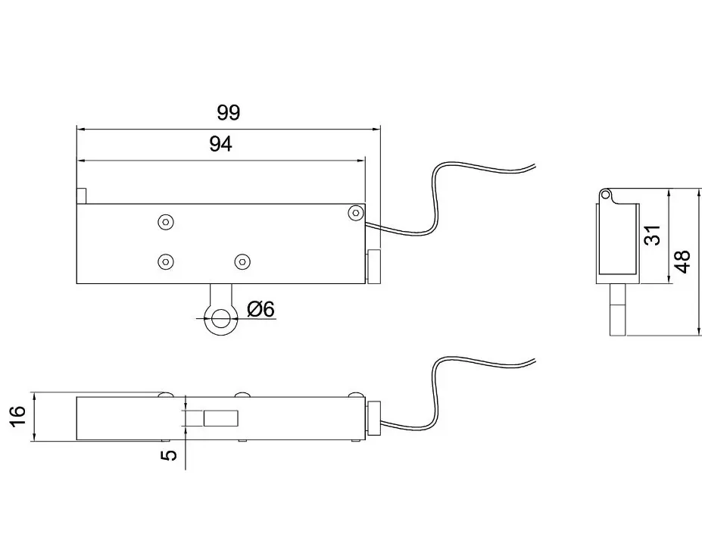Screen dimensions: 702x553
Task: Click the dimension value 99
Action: pos(229,112)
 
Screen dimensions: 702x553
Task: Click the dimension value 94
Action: pos(220,144)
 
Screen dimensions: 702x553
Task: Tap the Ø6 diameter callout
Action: pos(261,308)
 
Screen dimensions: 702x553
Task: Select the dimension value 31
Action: pos(654,235)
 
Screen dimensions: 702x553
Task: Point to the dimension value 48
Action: pos(683,261)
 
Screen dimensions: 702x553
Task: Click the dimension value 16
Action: pos(19,417)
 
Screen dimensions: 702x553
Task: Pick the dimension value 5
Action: pos(169,455)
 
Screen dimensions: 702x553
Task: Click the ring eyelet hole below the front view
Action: pos(221,319)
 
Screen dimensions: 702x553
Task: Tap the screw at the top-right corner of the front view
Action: pos(356,212)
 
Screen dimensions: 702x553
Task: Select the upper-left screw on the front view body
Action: pos(166,222)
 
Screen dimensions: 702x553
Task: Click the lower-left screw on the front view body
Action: pos(166,261)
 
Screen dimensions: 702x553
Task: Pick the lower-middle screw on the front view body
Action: pos(242,261)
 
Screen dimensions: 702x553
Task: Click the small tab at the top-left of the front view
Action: pos(81,196)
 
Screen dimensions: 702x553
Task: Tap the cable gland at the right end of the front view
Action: pos(374,267)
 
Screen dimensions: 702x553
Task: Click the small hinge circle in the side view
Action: pos(605,195)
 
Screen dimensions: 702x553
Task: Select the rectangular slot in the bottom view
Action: pos(220,418)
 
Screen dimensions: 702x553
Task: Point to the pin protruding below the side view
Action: pos(617,310)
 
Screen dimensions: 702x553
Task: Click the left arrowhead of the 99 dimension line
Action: pos(80,130)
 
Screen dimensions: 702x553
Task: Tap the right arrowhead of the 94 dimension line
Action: pos(361,161)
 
